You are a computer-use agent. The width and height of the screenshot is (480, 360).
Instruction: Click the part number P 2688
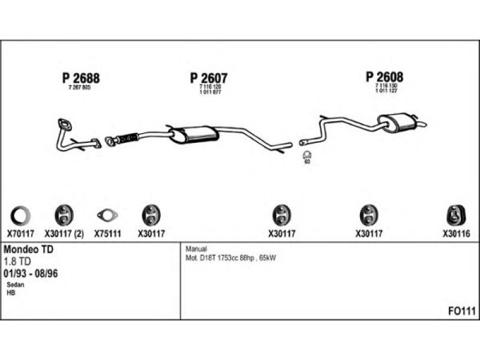click(80, 78)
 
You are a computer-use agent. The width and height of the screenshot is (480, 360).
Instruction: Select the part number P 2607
click(209, 78)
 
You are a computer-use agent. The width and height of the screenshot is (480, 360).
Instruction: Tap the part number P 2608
click(385, 77)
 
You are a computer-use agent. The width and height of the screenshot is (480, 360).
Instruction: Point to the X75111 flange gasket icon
click(107, 215)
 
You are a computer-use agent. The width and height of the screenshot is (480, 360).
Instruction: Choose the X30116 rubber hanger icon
click(455, 214)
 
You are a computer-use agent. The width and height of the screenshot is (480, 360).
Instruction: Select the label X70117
click(21, 234)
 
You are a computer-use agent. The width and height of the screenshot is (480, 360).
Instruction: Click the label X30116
click(456, 234)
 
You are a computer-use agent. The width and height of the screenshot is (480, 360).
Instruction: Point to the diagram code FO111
click(461, 311)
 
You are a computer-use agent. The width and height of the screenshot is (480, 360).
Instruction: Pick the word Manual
click(196, 248)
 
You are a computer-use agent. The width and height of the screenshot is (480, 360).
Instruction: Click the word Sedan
click(16, 284)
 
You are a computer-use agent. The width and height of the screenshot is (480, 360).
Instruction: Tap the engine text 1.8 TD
click(18, 261)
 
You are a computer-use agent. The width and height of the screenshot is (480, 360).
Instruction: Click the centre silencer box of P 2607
click(193, 133)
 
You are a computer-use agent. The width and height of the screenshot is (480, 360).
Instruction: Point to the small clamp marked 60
click(307, 155)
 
